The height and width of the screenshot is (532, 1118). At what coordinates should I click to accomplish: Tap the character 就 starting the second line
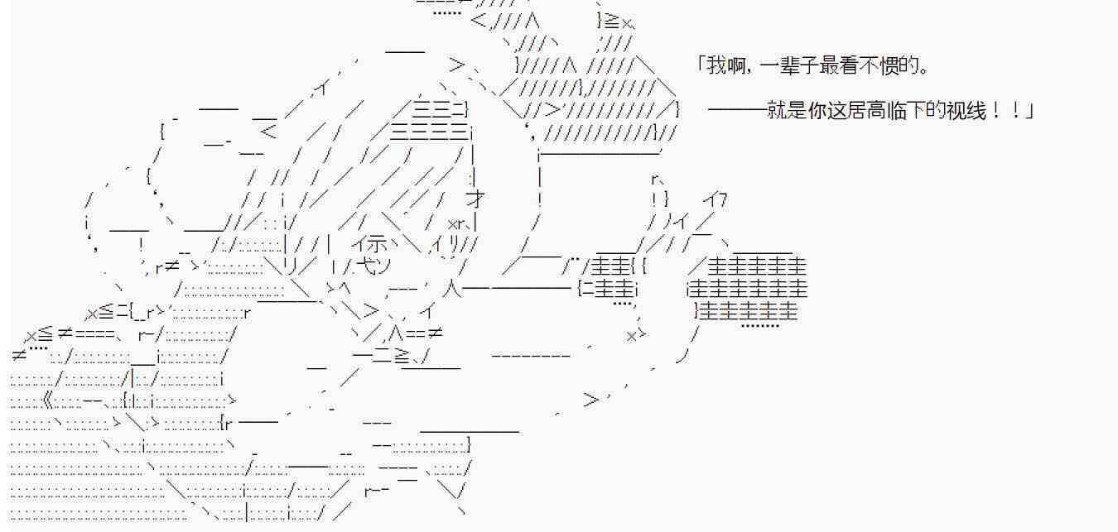coord(775,111)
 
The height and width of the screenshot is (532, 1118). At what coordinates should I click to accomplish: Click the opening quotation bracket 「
coord(701,65)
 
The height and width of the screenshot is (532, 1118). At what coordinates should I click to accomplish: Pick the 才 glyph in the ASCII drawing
coord(475,199)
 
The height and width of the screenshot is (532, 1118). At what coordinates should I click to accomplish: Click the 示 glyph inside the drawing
coord(375,244)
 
